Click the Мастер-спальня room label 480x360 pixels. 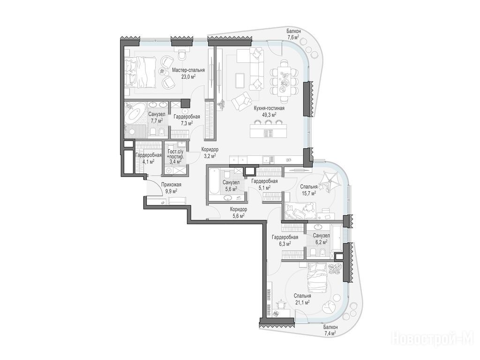pyautogui.click(x=188, y=70)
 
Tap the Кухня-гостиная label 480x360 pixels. pyautogui.click(x=269, y=108)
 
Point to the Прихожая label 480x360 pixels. pyautogui.click(x=171, y=185)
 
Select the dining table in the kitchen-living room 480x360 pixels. pyautogui.click(x=284, y=81)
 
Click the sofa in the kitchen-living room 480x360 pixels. pyautogui.click(x=255, y=69)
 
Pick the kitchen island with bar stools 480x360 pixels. pyautogui.click(x=269, y=130)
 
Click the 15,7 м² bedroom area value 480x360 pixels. pyautogui.click(x=308, y=193)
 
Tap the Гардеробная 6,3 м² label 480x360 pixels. pyautogui.click(x=285, y=240)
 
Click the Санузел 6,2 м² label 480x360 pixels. pyautogui.click(x=321, y=239)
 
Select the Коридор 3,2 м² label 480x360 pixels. pyautogui.click(x=210, y=152)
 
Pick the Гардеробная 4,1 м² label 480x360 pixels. pyautogui.click(x=148, y=158)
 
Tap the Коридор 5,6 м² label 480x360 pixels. pyautogui.click(x=239, y=213)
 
